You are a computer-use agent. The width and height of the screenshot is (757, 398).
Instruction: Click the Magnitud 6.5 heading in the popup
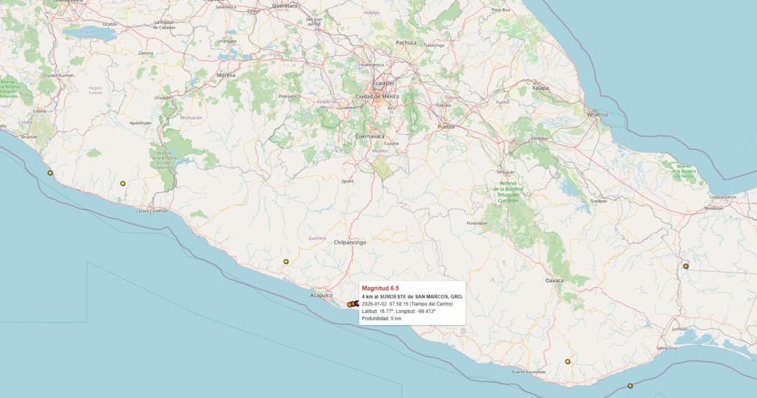click(380, 288)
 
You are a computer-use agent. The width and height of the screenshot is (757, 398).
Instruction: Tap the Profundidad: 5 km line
click(381, 319)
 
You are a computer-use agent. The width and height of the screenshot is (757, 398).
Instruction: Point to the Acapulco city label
click(321, 296)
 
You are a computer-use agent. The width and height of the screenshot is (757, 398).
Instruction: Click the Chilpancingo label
click(350, 242)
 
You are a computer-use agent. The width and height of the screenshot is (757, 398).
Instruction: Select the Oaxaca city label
click(554, 280)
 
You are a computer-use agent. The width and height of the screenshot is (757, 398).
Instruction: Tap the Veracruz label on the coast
click(597, 114)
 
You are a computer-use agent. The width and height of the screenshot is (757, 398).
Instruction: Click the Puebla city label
click(446, 126)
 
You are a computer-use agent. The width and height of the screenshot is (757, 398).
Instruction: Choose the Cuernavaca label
click(371, 135)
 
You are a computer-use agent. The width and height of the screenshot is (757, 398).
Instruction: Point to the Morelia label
click(226, 74)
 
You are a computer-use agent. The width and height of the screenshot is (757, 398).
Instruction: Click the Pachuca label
click(406, 43)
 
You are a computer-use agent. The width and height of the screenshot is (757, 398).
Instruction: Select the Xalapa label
click(540, 88)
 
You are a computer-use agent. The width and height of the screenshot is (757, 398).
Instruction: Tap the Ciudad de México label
click(378, 96)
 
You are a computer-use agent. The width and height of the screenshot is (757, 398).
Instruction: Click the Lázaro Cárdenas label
click(152, 211)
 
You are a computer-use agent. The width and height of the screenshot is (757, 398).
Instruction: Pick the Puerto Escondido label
click(528, 371)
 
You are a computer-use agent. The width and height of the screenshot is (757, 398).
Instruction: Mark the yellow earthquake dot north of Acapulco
click(286, 262)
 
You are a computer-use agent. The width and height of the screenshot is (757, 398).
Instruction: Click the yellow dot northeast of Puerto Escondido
click(568, 361)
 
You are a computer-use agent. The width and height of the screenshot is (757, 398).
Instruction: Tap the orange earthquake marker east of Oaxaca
click(686, 266)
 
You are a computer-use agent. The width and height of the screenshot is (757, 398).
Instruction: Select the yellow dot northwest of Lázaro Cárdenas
click(123, 183)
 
